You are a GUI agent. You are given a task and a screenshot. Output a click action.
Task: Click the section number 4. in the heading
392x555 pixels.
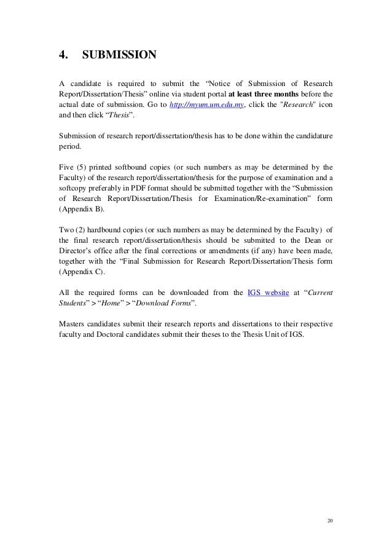pos(62,57)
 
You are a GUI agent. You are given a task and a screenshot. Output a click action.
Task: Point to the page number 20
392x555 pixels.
pos(329,521)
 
